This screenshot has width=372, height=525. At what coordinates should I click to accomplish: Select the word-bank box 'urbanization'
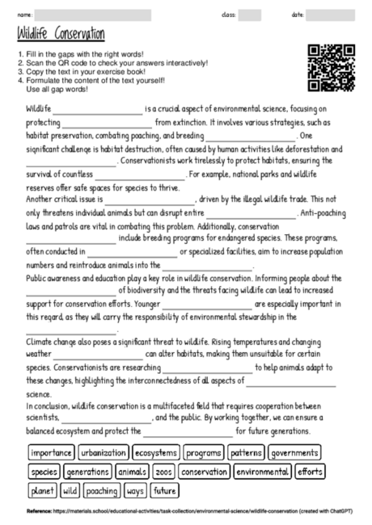(x=104, y=452)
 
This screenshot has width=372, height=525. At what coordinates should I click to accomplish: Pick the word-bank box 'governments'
(x=294, y=452)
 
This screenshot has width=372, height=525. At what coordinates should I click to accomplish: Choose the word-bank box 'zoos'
(x=163, y=471)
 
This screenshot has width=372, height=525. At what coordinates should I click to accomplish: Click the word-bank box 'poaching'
(x=101, y=489)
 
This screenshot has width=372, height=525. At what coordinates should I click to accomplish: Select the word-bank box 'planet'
(x=41, y=489)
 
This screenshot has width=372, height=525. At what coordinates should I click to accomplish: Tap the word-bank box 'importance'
(x=51, y=452)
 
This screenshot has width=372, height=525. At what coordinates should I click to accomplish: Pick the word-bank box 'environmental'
(x=261, y=471)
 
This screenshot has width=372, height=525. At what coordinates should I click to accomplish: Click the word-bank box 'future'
(x=165, y=489)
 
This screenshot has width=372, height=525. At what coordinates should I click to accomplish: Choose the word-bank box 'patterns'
(x=245, y=452)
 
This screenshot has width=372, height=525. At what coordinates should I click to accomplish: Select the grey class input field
(x=249, y=15)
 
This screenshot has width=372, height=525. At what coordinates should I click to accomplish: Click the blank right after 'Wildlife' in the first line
(x=97, y=109)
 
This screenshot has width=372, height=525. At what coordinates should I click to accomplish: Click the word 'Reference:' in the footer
(x=38, y=511)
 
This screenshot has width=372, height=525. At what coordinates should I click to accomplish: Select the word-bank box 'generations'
(x=87, y=471)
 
